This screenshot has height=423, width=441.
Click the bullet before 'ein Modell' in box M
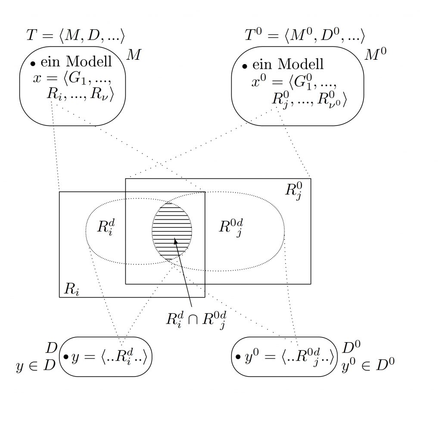pyautogui.click(x=33, y=64)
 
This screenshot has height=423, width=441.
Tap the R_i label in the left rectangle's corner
pyautogui.click(x=71, y=289)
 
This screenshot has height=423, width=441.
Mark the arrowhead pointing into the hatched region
pyautogui.click(x=176, y=241)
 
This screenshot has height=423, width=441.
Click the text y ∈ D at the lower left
pyautogui.click(x=35, y=366)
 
